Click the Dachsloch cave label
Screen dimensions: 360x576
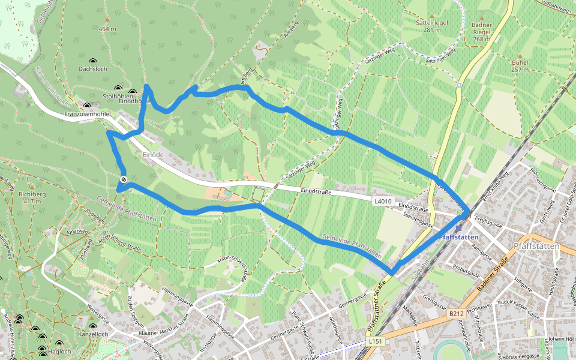pos(92,69)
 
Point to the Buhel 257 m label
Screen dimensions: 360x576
pos(520,65)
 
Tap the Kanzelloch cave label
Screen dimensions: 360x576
pos(93,334)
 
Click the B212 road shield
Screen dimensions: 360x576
pos(457,313)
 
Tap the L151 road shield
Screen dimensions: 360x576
pos(376,341)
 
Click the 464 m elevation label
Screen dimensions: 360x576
pos(107,29)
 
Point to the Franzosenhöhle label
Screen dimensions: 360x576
pos(87,113)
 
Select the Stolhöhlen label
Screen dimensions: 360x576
pos(117,95)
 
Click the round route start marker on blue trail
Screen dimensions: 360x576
pos(123,179)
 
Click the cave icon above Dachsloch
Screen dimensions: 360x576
pos(92,61)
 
